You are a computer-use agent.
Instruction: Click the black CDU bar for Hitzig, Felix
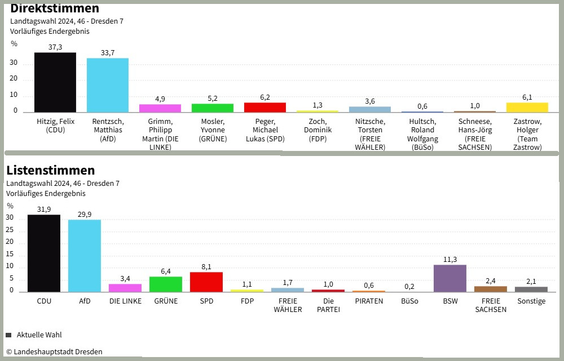tap(55, 82)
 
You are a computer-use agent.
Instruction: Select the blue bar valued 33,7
tap(108, 85)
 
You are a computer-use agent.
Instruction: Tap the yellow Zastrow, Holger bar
tap(527, 107)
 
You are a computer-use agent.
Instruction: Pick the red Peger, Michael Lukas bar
tap(265, 107)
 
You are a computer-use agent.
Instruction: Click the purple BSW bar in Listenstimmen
tap(450, 278)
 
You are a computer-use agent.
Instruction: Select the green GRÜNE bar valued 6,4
tap(166, 284)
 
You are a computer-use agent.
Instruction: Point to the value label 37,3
tap(55, 47)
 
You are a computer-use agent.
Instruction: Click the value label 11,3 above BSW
tap(450, 260)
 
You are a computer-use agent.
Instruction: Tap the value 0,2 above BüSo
tap(409, 286)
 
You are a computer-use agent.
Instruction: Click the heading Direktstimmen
tap(55, 8)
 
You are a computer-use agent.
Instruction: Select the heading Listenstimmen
tap(51, 170)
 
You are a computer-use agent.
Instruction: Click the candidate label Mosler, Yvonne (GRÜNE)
tap(213, 130)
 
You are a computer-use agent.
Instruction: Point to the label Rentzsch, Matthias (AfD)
tap(108, 130)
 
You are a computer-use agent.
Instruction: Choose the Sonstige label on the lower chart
tap(531, 301)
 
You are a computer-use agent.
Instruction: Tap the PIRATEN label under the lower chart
tap(369, 301)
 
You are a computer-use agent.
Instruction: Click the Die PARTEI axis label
tap(328, 305)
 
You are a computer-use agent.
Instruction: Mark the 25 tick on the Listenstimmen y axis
tap(10, 230)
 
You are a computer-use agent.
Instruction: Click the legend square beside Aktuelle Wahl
tap(8, 335)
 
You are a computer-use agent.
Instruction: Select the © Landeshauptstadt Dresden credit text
tap(54, 352)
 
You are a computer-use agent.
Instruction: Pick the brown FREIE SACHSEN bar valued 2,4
tap(491, 289)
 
